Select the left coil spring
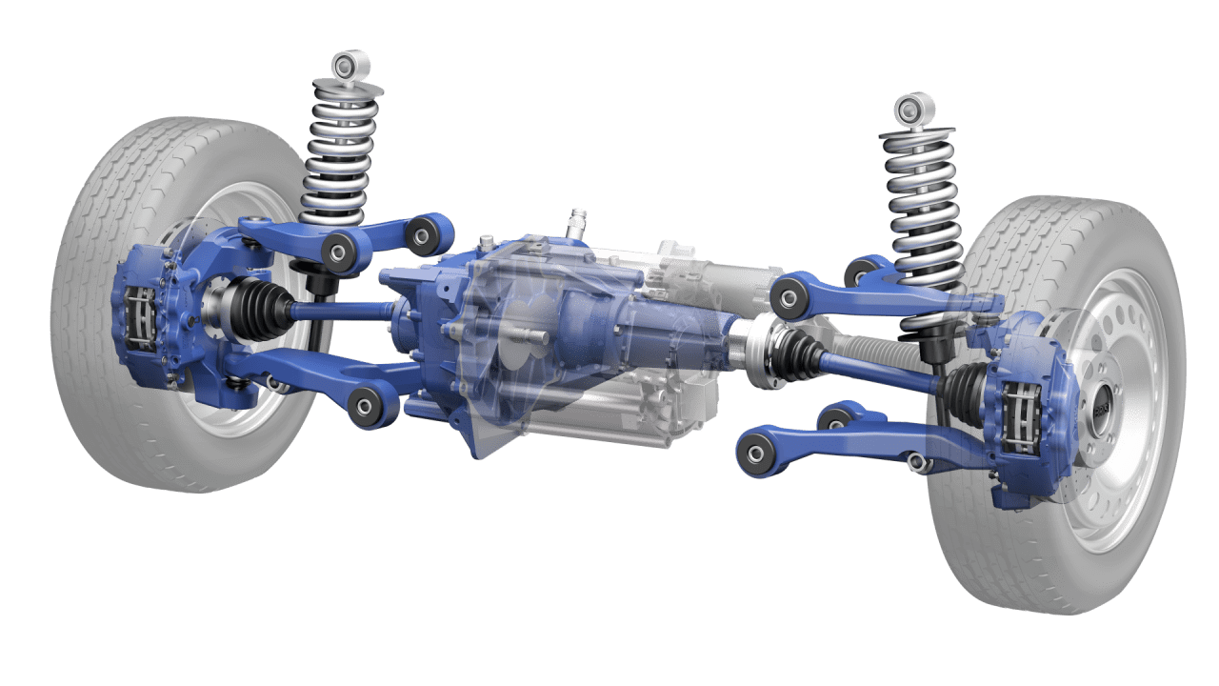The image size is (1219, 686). [341, 152]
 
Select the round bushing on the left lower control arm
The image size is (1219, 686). [367, 408]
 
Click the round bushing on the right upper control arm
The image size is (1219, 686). [789, 298]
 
